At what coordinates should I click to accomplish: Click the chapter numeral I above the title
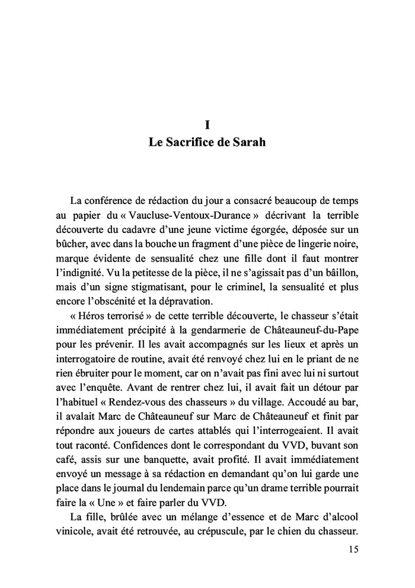click(x=207, y=125)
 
